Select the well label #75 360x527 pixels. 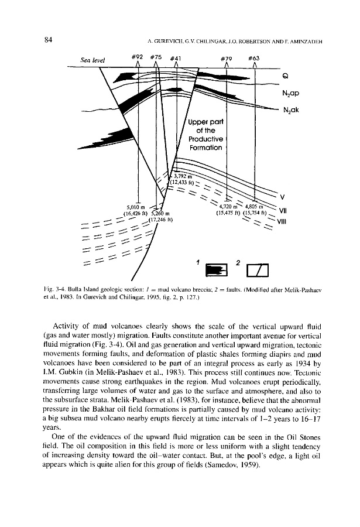coord(156,57)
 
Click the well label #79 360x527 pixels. coord(227,58)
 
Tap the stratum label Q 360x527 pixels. coord(285,75)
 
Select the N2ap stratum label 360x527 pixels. coord(291,93)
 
